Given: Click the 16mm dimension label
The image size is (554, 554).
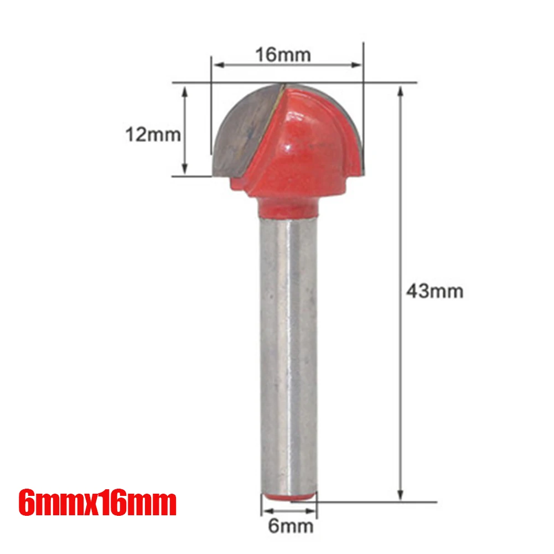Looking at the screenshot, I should coord(283,55).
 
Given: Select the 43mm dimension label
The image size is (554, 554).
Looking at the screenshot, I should coord(434,291).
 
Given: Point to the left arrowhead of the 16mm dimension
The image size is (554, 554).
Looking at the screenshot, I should coord(218,65).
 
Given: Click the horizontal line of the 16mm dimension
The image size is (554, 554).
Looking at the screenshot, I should coord(287,65).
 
